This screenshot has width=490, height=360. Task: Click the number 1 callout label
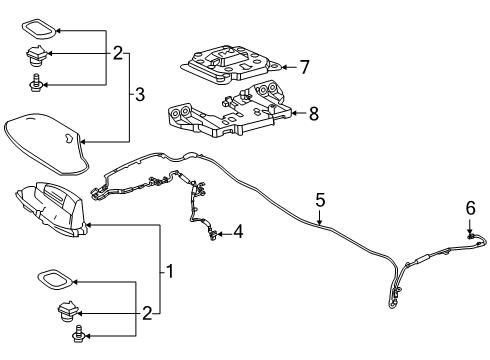tap(169, 271)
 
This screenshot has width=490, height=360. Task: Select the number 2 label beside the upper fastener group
tap(119, 54)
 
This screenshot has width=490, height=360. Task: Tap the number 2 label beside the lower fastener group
tap(147, 314)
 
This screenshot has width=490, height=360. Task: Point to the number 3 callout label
tap(140, 95)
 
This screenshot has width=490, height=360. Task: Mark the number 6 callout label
tap(306, 67)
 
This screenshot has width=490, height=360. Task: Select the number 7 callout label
tap(312, 114)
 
